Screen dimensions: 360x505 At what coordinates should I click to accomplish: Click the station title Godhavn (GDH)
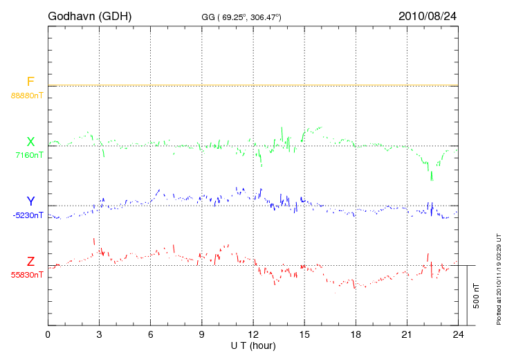pos(89,16)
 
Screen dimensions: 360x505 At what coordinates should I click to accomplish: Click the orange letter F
pos(30,82)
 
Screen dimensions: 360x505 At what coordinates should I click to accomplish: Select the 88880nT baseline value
pos(27,95)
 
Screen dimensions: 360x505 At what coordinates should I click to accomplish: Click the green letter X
pos(30,142)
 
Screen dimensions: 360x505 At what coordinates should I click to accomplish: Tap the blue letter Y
pos(30,201)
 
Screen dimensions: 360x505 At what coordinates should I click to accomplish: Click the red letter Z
pos(30,262)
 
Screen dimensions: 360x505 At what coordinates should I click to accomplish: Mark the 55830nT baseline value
pos(27,275)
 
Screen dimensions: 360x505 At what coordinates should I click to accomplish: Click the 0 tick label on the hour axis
pos(48,335)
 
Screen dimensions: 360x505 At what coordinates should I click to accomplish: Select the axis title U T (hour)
pos(253,345)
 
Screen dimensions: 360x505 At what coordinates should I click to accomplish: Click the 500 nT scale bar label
pos(477,296)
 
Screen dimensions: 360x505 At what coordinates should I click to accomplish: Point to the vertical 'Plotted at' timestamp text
pos(499,277)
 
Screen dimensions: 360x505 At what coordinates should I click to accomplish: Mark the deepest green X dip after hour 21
pos(432,179)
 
